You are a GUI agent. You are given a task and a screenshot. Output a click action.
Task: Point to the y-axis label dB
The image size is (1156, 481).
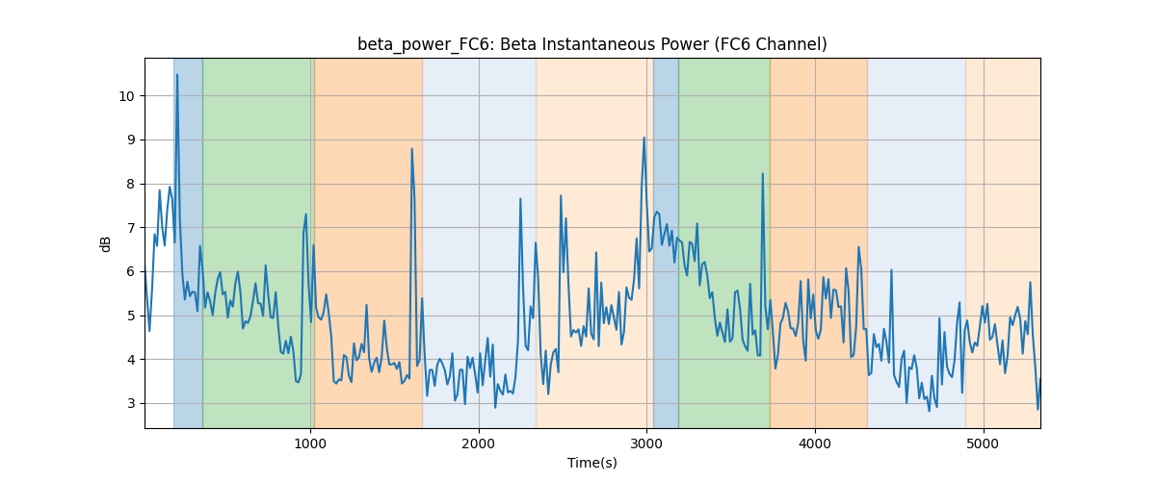105,244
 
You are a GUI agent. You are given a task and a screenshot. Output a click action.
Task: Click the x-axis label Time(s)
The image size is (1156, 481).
592,463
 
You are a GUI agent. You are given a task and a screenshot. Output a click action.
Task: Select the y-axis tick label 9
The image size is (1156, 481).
131,140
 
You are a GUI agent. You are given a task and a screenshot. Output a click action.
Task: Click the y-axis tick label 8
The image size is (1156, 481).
131,185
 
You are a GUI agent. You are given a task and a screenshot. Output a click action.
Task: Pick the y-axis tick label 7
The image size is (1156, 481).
131,228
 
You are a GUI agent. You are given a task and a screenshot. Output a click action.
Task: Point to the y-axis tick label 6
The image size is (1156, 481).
131,272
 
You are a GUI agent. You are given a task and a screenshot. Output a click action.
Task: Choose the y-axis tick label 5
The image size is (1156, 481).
131,316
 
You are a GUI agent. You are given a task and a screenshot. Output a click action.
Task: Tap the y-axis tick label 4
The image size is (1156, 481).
131,360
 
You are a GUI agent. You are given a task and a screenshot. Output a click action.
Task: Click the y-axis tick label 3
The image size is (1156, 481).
131,404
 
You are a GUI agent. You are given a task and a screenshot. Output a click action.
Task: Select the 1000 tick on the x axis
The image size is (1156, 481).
310,444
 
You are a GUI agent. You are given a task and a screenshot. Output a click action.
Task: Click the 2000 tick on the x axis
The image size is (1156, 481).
479,444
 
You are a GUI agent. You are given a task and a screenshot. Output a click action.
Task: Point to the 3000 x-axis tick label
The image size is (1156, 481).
647,444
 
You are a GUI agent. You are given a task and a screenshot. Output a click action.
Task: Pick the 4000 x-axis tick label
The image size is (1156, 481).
815,444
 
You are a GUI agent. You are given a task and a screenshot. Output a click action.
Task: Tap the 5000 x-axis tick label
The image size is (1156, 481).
984,444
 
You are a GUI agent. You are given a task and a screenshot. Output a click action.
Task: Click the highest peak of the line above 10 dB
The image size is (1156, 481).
177,74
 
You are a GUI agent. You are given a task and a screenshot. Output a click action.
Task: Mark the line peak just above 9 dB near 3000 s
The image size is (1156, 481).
644,138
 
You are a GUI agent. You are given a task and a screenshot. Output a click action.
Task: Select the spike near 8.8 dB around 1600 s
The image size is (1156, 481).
412,149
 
